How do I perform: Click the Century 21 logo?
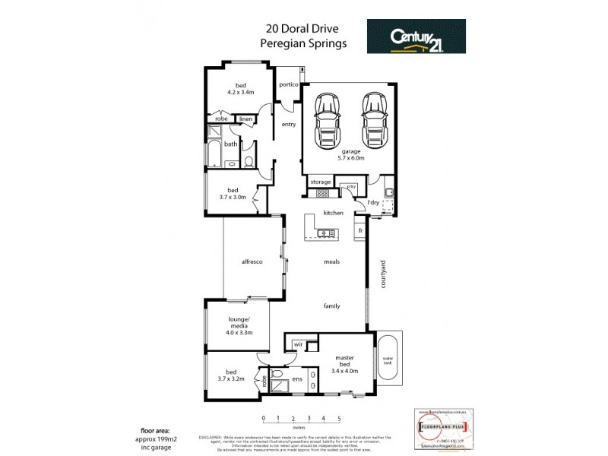pos(416,36)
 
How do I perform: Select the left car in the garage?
pos(327,121)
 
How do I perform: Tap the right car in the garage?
pos(374,121)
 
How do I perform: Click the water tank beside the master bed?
pos(388,358)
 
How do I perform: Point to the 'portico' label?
pos(288,84)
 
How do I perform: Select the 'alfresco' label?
pos(252,261)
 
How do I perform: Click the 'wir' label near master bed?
pos(299,344)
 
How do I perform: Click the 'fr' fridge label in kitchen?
pos(360,229)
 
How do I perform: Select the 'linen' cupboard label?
pos(245,119)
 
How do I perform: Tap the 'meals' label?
pos(332,261)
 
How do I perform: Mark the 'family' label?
pos(331,306)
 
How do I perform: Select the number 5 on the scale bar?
pos(339,419)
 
